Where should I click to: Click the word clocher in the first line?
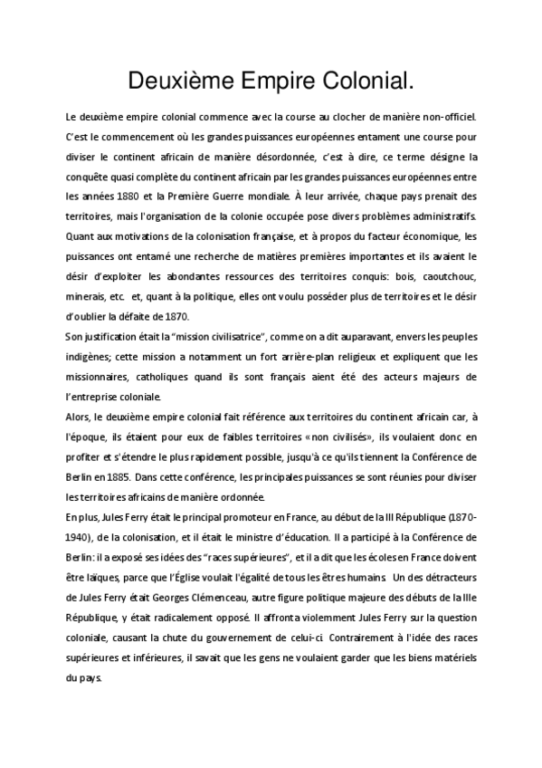coord(356,117)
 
